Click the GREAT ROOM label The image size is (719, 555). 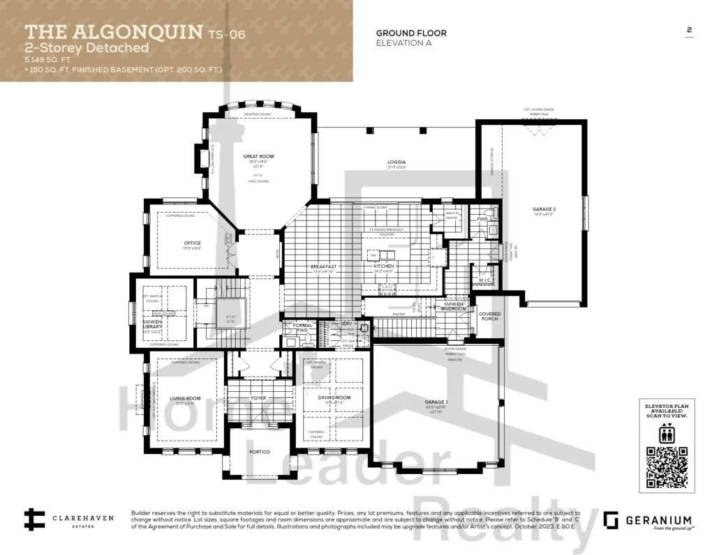(x=255, y=157)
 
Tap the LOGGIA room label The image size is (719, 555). (x=396, y=162)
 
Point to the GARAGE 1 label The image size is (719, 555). (x=437, y=402)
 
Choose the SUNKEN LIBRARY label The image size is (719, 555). (x=153, y=324)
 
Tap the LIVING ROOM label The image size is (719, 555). (x=185, y=399)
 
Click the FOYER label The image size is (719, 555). (x=258, y=398)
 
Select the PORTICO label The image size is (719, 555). (x=259, y=451)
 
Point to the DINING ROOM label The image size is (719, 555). (x=334, y=397)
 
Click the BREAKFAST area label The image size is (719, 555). (x=323, y=266)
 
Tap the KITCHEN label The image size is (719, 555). (x=383, y=266)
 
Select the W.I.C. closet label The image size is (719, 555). (x=485, y=280)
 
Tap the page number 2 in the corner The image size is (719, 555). (x=689, y=30)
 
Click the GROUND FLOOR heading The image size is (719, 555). (x=411, y=33)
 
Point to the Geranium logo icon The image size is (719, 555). (x=611, y=520)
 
